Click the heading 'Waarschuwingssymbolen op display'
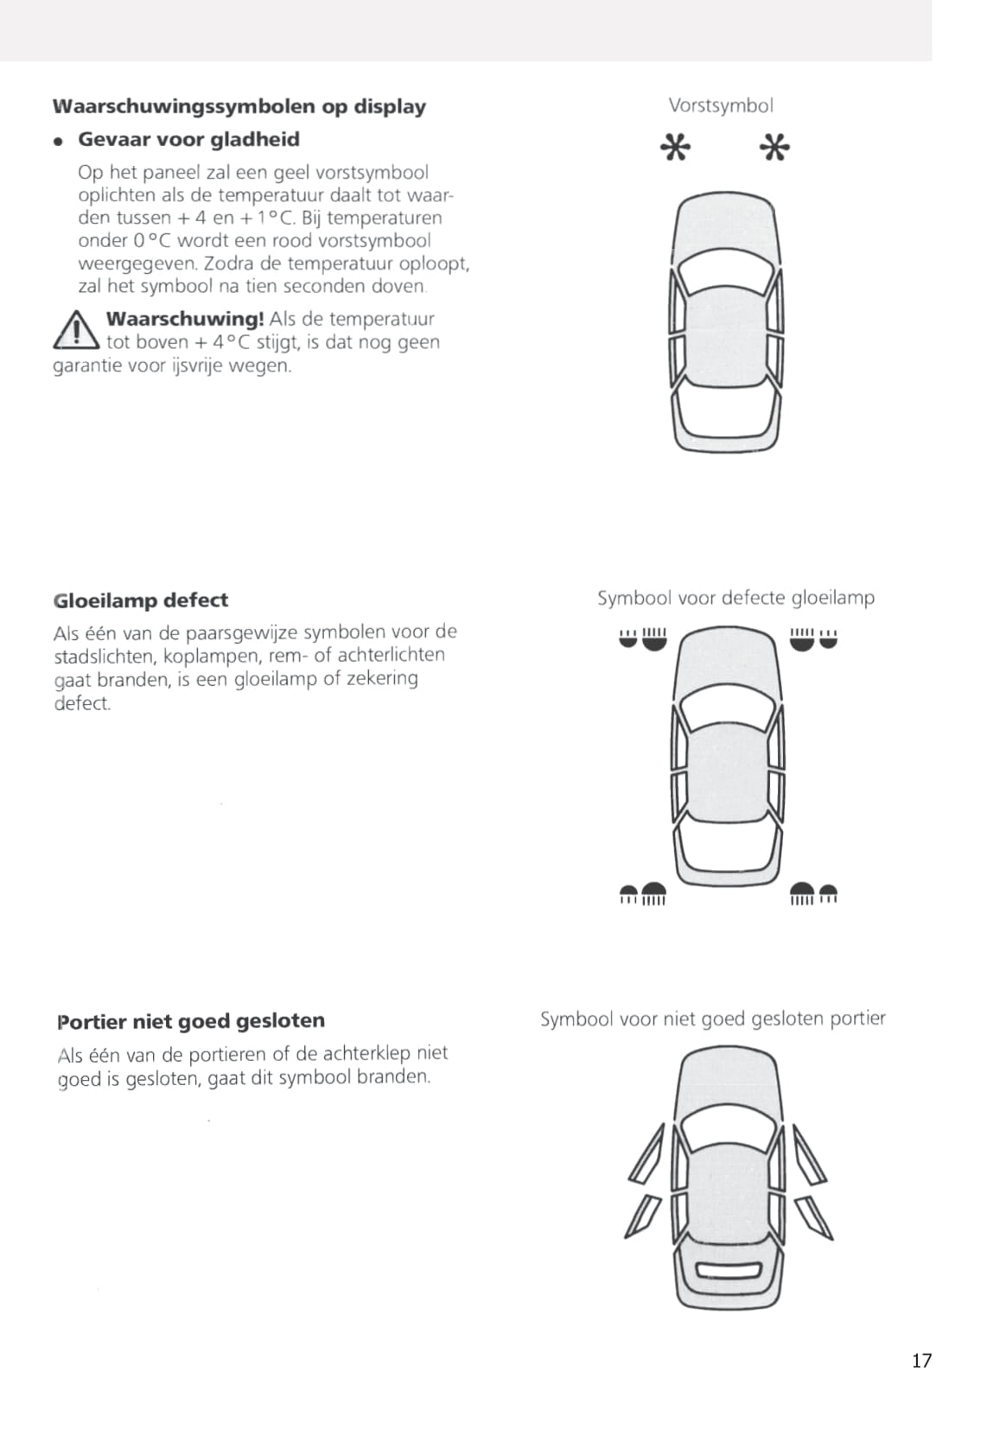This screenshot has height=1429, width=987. [239, 106]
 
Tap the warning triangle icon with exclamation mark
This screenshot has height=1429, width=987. [76, 330]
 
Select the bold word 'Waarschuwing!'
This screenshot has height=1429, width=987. [185, 319]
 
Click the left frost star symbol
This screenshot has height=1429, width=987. [675, 148]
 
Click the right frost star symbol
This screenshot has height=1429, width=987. [774, 148]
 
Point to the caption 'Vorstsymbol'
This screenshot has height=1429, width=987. [721, 105]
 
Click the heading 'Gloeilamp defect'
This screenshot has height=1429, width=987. [141, 600]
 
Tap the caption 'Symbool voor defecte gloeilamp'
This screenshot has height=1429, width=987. [735, 598]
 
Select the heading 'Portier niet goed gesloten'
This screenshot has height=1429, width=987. [191, 1021]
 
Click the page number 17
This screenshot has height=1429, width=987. [921, 1361]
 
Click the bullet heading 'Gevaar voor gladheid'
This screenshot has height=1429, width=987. [188, 140]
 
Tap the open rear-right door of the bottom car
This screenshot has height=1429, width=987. [813, 1216]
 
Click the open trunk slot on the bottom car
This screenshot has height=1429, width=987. [728, 1271]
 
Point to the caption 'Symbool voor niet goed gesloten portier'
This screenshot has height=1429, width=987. [712, 1019]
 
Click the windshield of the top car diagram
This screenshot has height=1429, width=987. [727, 275]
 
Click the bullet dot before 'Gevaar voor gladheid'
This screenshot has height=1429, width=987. [58, 141]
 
